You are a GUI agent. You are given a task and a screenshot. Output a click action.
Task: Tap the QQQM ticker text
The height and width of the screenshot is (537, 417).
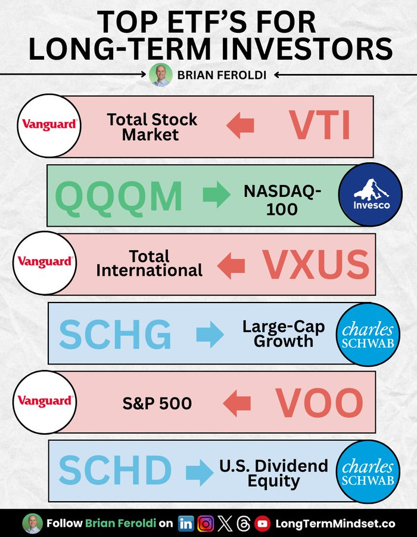click(119, 196)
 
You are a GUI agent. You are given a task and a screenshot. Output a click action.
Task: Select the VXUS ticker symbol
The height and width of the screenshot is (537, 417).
click(316, 264)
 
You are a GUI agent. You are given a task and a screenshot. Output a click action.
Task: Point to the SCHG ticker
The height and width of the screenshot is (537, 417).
click(115, 334)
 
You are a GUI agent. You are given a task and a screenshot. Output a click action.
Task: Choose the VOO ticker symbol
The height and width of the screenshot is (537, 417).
click(319, 403)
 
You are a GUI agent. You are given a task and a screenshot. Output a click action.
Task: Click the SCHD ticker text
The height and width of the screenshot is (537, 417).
click(115, 470)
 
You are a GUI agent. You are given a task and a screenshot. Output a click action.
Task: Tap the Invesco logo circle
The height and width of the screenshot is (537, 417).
click(370, 194)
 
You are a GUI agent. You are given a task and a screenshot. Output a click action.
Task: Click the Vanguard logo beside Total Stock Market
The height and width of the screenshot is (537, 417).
click(49, 126)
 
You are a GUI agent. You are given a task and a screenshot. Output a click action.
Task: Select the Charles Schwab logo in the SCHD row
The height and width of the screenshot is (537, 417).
click(368, 473)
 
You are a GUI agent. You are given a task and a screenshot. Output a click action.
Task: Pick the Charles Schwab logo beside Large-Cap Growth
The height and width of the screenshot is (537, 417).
click(368, 335)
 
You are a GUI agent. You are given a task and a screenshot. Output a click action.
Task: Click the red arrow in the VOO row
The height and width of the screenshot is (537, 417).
click(237, 403)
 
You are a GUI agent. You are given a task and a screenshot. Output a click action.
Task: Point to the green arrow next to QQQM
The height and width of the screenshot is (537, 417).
click(217, 195)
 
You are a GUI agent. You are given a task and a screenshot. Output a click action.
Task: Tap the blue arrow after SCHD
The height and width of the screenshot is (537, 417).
click(200, 473)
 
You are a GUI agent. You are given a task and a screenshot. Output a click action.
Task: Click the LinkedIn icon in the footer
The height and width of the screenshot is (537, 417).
click(186, 524)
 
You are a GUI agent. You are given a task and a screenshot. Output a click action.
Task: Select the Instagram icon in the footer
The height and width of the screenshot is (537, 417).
click(206, 524)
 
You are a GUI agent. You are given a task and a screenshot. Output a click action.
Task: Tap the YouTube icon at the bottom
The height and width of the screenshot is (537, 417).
click(263, 524)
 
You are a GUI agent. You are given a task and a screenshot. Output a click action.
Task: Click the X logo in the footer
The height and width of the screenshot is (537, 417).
click(225, 524)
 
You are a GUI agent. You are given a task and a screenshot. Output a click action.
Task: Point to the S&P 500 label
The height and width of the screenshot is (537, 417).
click(157, 403)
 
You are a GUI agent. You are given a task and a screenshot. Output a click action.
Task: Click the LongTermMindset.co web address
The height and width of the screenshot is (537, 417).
click(335, 524)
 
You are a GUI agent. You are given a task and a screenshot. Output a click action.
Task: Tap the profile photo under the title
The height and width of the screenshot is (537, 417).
click(161, 75)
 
